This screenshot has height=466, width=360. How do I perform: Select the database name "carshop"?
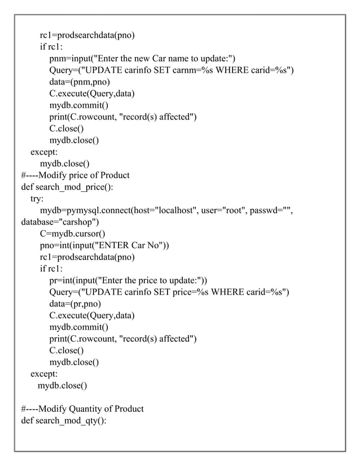tap(78, 222)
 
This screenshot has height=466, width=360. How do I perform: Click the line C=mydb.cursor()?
tap(72, 234)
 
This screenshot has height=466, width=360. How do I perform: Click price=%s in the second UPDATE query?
tap(192, 292)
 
